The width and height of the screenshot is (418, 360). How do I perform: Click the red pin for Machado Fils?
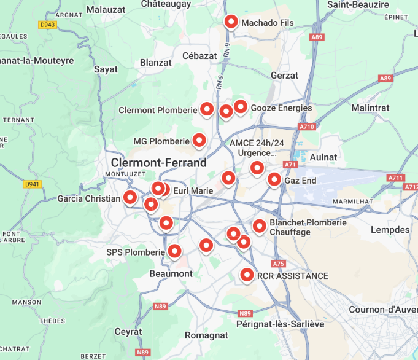point(231,22)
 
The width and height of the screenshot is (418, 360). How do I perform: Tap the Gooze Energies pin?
point(240,107)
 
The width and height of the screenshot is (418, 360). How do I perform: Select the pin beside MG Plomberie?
point(199,140)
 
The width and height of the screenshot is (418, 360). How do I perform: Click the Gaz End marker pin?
point(274,179)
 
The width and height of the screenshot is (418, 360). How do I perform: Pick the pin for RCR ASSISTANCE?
point(247,275)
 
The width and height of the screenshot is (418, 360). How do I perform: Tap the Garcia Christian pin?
point(130,197)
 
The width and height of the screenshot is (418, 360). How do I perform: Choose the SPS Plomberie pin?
point(175,251)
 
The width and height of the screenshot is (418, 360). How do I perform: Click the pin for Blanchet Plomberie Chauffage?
point(259,226)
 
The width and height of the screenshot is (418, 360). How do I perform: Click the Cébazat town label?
point(199,56)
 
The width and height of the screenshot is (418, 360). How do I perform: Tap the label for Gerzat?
point(284,76)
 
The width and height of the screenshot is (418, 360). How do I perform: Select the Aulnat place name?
point(323,157)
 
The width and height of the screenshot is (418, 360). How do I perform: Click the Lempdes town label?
point(390,230)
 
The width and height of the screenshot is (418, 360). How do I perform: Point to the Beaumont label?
point(171,273)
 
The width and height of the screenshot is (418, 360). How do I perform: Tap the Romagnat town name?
point(206,335)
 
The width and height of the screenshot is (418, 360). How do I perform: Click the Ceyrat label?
point(128,332)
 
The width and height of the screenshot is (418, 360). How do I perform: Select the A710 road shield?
point(307,127)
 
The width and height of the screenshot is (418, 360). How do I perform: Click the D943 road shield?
point(47,25)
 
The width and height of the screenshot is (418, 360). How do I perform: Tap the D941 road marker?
point(32,184)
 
